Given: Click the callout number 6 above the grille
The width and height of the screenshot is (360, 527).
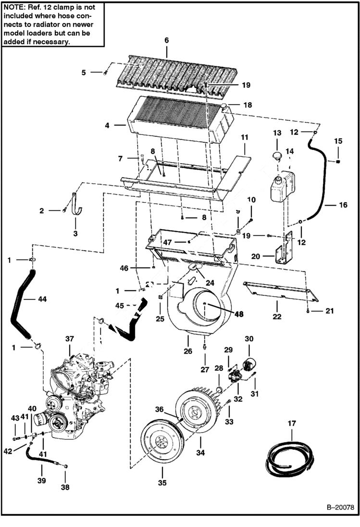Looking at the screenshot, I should (167, 40).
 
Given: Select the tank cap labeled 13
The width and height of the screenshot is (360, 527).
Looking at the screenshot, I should (277, 156).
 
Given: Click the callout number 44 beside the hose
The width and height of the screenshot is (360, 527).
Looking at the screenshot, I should (29, 299).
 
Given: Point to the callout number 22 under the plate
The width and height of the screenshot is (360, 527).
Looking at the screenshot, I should (278, 317).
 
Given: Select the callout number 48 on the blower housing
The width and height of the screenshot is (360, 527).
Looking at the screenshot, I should (239, 314).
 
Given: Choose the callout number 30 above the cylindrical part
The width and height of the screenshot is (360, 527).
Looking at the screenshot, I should (249, 339).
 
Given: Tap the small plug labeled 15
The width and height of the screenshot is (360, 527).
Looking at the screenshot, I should (338, 161).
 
